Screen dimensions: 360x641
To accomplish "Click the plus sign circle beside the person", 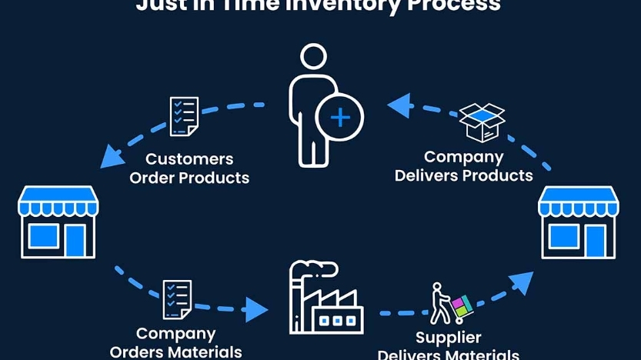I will tap(339, 118).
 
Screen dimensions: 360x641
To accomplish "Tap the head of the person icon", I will tap(313, 58).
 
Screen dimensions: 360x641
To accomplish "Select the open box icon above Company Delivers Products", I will tap(482, 122).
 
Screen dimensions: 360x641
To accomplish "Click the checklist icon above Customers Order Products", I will tap(184, 116).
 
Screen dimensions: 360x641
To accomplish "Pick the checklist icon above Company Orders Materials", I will tap(177, 299).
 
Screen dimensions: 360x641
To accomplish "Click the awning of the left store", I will tap(58, 202).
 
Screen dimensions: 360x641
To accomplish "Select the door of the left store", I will tap(75, 240).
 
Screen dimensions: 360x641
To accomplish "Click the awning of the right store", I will tap(579, 202).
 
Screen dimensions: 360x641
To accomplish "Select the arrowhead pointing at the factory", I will tap(255, 310).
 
